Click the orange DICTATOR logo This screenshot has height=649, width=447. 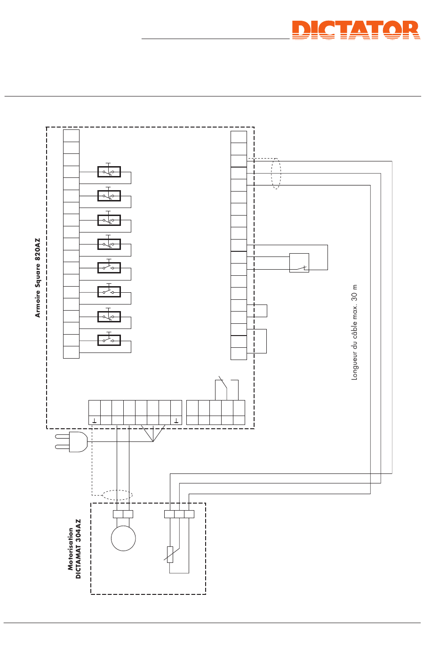(x=356, y=30)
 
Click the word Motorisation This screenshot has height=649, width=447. (x=71, y=549)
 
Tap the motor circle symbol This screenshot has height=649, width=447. (x=123, y=538)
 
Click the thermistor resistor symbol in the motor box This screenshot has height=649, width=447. (x=170, y=554)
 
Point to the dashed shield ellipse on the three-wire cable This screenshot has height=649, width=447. (x=276, y=174)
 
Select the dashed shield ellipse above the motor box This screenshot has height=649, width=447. (x=117, y=495)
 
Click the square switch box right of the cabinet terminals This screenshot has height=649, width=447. (x=299, y=263)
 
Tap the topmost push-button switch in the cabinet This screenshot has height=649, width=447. (x=109, y=171)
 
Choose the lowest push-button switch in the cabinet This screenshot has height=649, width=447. (x=109, y=340)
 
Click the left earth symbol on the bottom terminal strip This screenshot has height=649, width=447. (x=95, y=420)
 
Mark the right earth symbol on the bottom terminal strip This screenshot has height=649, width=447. (x=176, y=420)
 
